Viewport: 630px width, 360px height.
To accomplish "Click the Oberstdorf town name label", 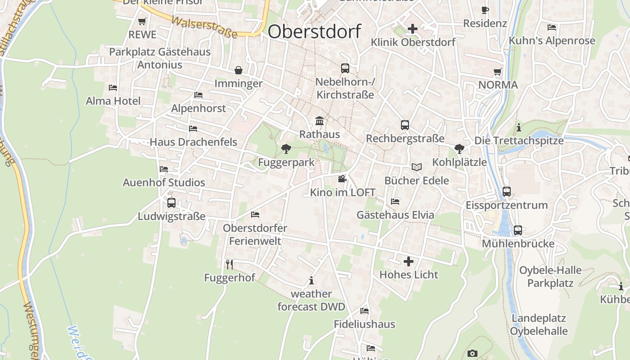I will pos(314,31).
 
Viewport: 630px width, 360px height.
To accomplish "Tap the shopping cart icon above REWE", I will pos(142,21).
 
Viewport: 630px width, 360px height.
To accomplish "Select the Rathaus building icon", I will pos(319,121).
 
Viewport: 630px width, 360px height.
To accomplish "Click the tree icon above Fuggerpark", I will pos(285,148).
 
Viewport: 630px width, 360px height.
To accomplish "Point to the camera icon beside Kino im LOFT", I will pos(342,179).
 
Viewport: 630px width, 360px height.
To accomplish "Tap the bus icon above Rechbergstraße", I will pos(405,125).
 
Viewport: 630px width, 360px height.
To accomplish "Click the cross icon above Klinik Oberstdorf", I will pos(412,29).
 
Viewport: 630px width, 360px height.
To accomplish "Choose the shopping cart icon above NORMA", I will pos(498,72).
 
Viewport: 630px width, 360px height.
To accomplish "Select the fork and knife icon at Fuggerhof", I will pos(229,264).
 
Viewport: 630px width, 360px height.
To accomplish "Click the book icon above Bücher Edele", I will pos(417,167).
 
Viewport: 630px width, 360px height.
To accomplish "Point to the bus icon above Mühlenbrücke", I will pos(518,230).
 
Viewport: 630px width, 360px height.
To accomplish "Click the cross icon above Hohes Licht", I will pos(409,261).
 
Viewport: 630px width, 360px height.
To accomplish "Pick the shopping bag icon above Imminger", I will pos(238,70).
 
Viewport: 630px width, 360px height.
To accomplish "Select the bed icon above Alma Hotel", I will pos(113,87).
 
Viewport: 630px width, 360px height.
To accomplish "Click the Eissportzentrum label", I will pos(507,205).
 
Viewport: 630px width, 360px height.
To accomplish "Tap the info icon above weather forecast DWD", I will pos(311,281).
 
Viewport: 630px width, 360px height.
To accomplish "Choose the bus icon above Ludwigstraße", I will pos(171,202).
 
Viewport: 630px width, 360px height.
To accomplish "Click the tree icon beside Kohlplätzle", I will pos(459,148).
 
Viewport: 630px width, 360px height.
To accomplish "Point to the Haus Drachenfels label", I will pos(193,142).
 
